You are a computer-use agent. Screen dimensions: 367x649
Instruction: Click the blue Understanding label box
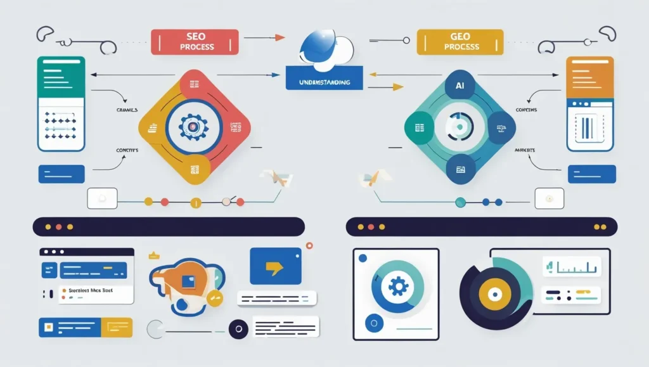point(323,82)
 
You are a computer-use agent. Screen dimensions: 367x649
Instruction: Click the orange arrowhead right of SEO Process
point(280,37)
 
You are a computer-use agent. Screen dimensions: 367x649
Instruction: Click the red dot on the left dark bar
point(59,226)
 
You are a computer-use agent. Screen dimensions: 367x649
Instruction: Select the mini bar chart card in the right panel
point(570,266)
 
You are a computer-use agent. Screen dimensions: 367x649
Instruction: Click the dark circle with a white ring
point(239,329)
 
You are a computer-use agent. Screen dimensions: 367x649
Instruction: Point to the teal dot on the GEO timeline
point(460,202)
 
